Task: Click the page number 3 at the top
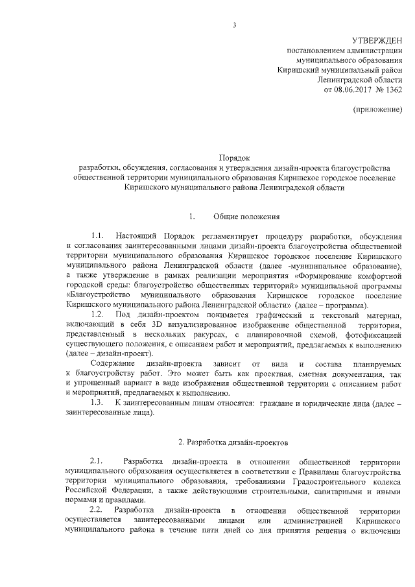235,25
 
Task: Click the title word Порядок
235,158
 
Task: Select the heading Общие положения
247,216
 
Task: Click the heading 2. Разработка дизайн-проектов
234,442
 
